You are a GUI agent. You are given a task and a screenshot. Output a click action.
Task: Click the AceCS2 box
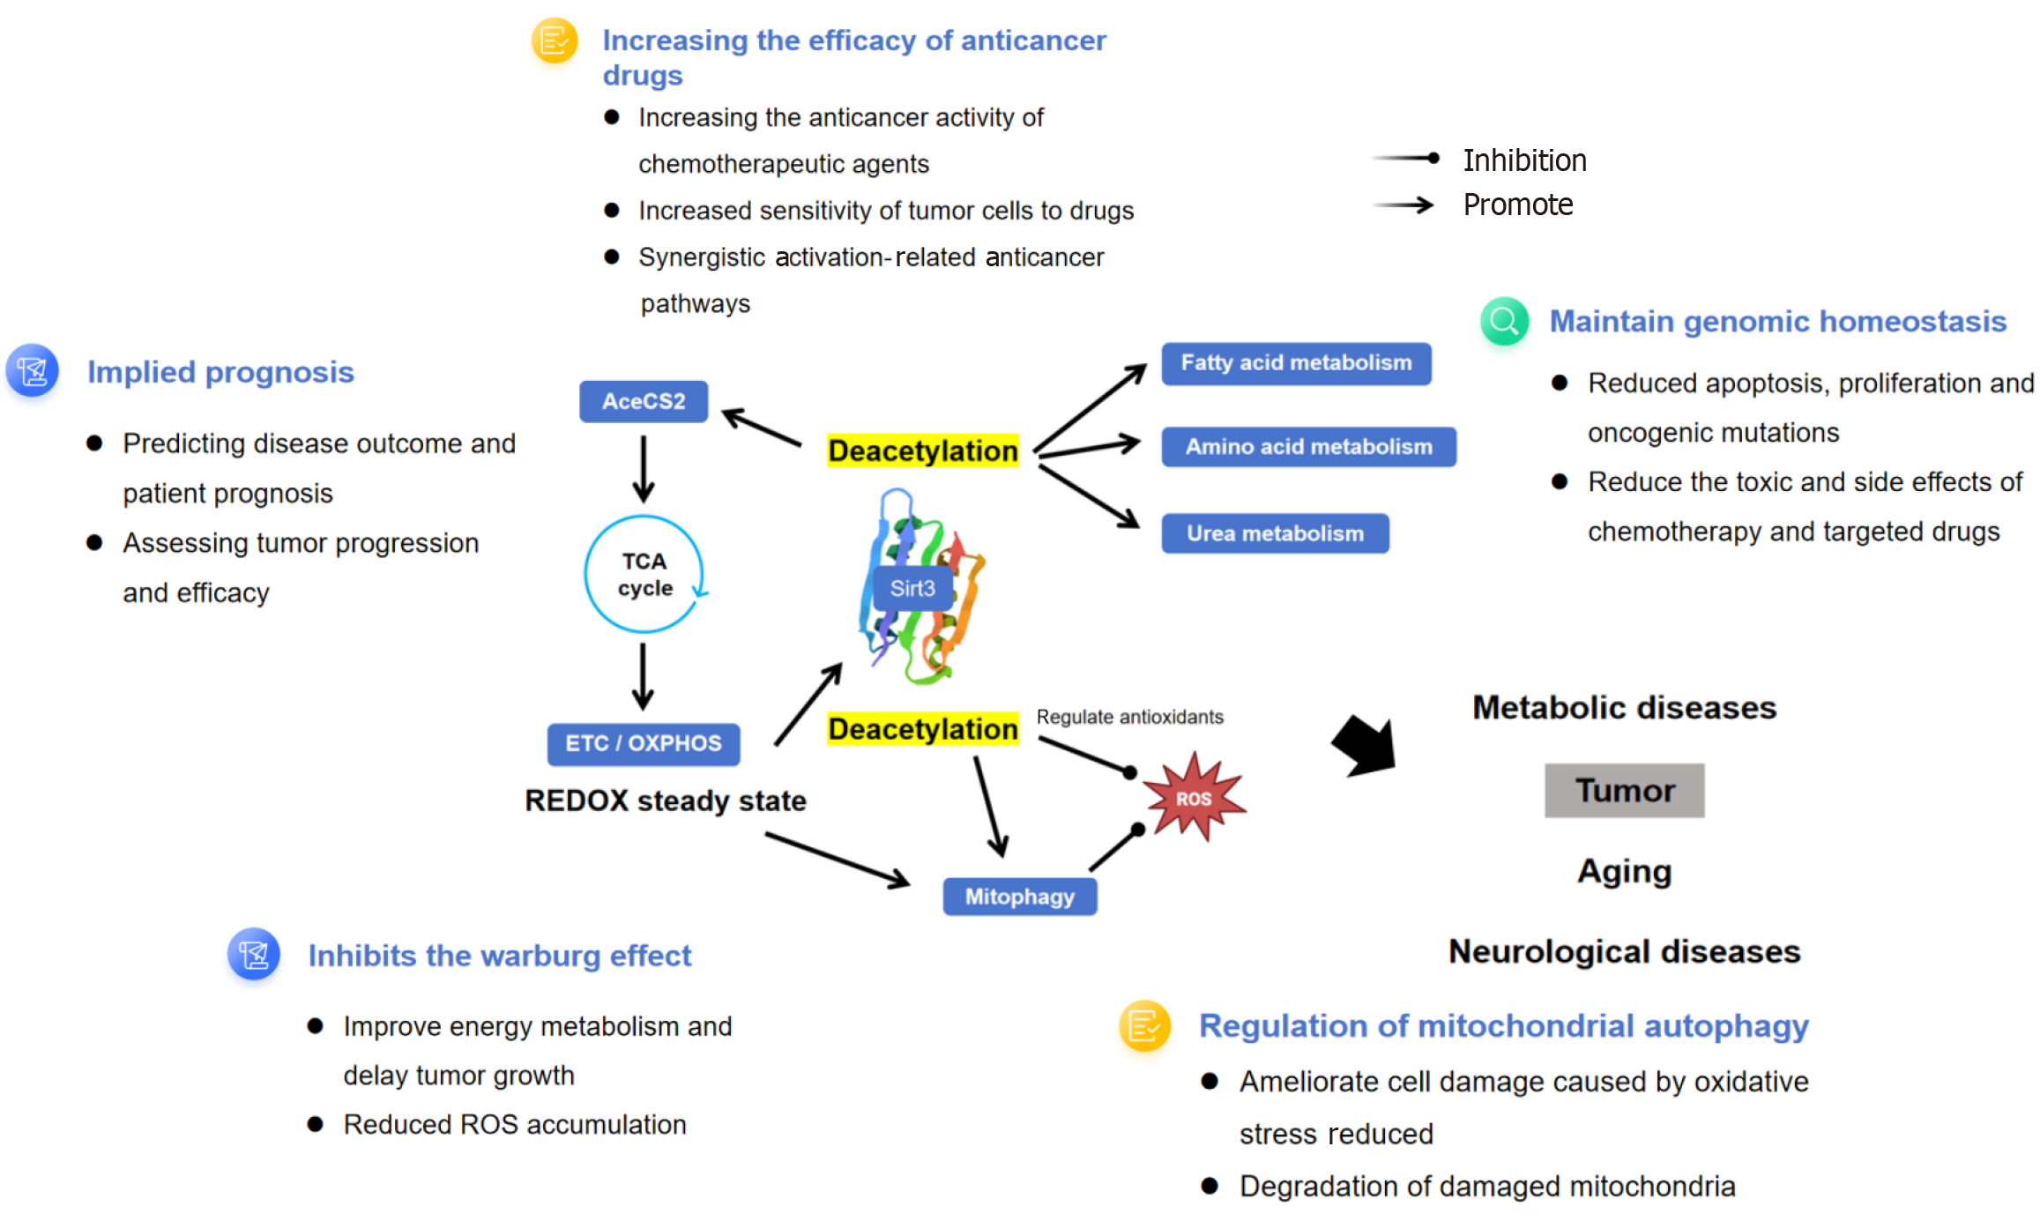point(643,401)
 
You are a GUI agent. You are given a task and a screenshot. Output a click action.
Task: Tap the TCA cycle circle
point(644,574)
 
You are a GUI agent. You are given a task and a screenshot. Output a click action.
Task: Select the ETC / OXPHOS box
point(643,743)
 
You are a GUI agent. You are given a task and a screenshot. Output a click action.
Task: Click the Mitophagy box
point(1019,897)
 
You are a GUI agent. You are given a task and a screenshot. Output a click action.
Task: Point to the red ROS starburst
point(1194,798)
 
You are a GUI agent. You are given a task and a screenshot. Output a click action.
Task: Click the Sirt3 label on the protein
point(912,588)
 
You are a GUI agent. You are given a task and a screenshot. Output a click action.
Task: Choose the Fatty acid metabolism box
point(1295,363)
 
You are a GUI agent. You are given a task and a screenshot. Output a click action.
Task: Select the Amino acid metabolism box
point(1307,447)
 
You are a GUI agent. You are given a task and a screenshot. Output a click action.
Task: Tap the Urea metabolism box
point(1274,533)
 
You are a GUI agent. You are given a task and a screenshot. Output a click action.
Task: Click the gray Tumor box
point(1624,791)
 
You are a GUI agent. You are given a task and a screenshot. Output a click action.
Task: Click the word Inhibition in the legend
point(1524,160)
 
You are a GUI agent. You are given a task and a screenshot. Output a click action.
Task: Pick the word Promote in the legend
point(1517,205)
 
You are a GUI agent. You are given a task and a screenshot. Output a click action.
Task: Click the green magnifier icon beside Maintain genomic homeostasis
point(1504,322)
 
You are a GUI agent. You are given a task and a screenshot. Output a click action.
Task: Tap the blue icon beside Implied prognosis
point(33,371)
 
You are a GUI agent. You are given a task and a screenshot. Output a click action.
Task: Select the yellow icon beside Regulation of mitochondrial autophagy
point(1144,1026)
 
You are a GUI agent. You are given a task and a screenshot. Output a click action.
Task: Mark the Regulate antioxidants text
point(1129,717)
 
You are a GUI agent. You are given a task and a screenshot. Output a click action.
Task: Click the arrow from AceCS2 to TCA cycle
point(644,467)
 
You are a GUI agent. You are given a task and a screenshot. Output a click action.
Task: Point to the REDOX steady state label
point(665,800)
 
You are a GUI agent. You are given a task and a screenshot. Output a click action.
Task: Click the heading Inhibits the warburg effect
point(499,956)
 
